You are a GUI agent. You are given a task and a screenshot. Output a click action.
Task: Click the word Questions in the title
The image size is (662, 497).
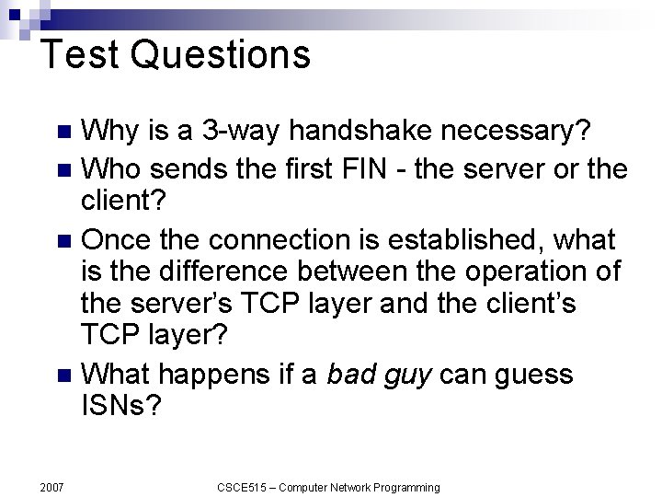coord(220,55)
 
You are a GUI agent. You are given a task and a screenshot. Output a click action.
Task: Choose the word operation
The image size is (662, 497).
coord(509,273)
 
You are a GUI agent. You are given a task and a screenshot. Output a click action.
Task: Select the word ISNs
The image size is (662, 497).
coord(120,406)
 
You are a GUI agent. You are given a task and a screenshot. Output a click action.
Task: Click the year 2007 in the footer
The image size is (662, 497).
coord(51,486)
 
